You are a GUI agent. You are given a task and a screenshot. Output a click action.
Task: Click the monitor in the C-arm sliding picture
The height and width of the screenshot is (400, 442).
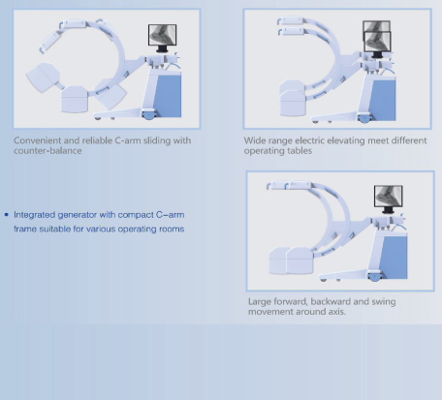162,35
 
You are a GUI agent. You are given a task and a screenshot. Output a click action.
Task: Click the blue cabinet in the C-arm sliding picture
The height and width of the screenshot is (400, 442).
168,96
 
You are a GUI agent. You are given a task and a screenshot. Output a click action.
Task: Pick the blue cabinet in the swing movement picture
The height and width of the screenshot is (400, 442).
394,258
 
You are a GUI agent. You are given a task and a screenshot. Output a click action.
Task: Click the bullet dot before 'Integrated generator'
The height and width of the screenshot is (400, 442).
7,215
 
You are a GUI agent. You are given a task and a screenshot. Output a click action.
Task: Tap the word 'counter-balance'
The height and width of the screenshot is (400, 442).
47,151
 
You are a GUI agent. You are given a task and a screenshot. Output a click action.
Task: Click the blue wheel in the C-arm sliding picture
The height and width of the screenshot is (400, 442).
149,116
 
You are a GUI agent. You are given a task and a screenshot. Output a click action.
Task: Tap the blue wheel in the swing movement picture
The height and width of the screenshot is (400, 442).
375,277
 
